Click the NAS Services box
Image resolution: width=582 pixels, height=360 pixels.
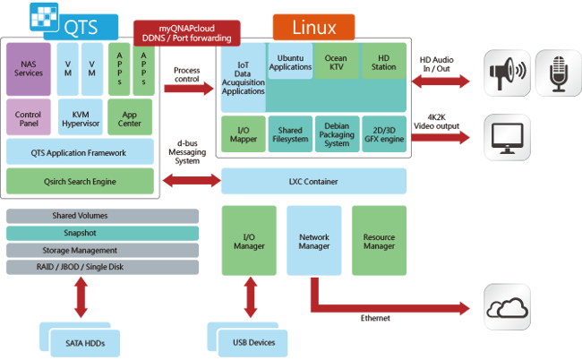click(x=29, y=69)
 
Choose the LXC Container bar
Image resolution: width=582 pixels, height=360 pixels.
click(x=312, y=181)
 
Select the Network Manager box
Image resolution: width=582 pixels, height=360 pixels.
click(x=312, y=241)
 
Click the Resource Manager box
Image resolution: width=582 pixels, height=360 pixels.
click(x=380, y=241)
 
